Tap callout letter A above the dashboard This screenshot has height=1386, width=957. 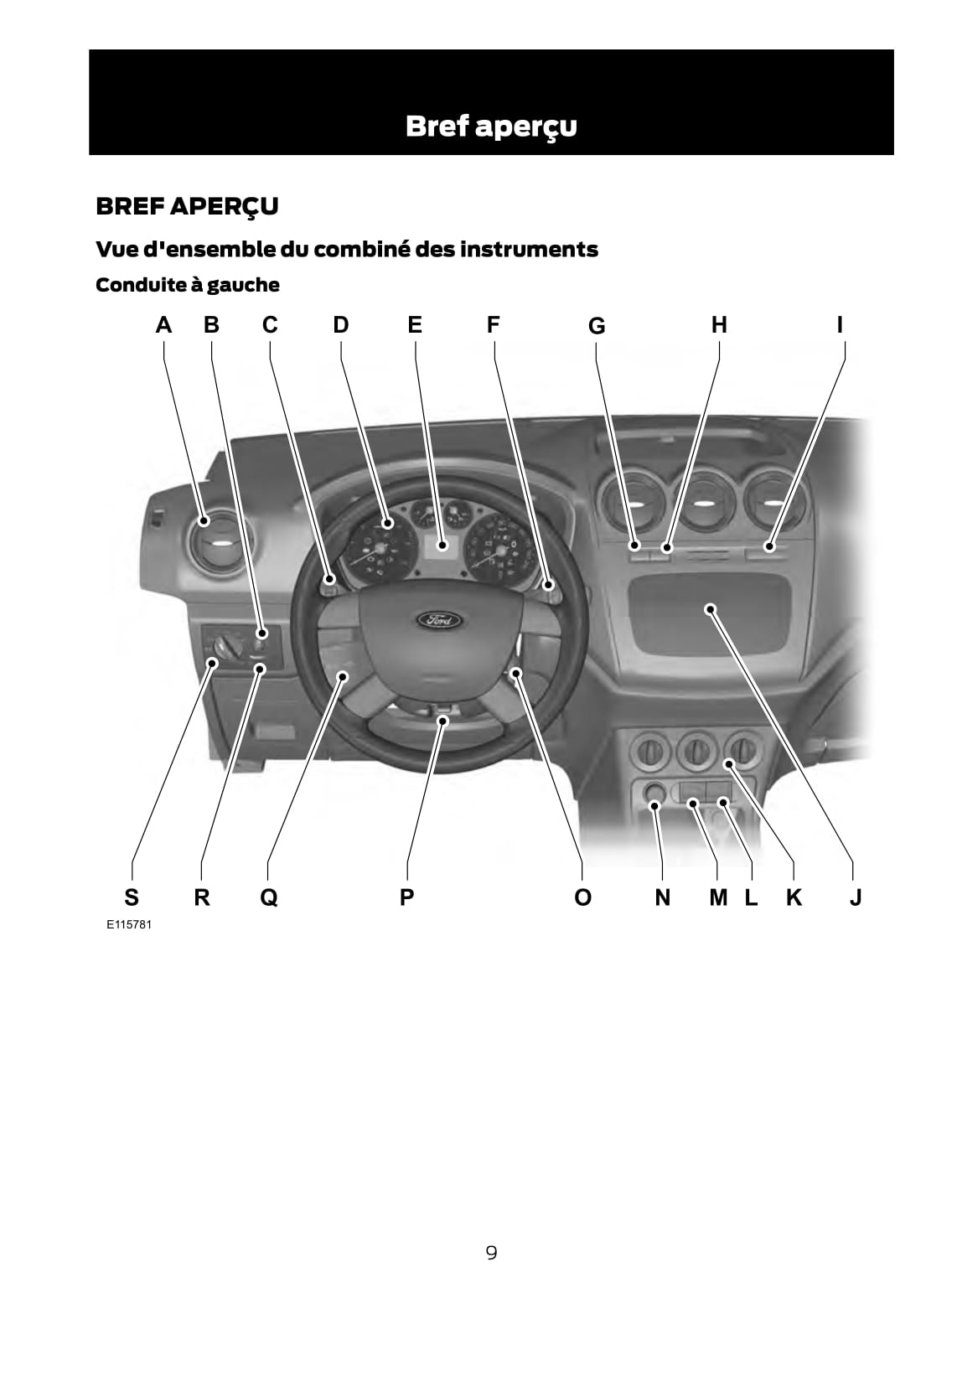tap(163, 325)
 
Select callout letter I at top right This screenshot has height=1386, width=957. tap(840, 325)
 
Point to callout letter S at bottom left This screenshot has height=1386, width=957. tap(131, 897)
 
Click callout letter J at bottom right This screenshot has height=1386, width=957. tap(855, 897)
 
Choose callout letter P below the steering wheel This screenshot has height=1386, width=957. tap(406, 897)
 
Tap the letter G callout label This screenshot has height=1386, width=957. tap(597, 325)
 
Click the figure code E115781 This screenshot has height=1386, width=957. tap(129, 925)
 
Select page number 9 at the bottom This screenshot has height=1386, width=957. tap(491, 1253)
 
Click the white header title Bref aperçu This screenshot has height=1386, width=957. tap(491, 127)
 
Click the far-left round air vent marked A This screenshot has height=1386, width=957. tap(218, 542)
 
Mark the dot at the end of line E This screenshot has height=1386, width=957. tap(442, 546)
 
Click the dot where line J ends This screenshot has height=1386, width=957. tap(710, 609)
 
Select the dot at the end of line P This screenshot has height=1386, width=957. tap(443, 720)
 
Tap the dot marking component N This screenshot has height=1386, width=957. tap(654, 805)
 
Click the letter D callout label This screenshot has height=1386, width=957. tap(341, 325)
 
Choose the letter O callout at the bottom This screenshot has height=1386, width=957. tap(582, 897)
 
